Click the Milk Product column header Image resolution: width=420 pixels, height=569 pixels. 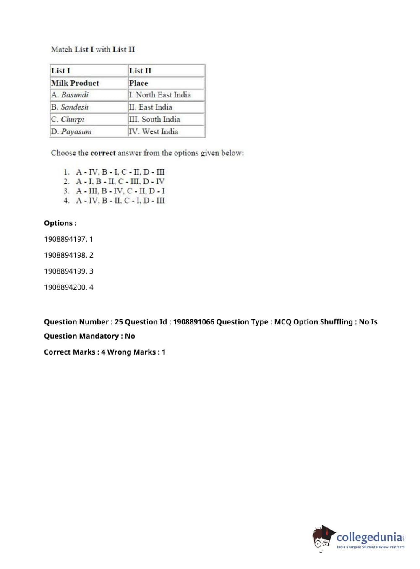[75, 83]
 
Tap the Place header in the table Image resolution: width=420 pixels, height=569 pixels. [138, 83]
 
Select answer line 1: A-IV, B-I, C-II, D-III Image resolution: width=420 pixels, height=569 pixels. [120, 172]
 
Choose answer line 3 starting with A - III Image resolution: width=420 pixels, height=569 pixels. [120, 191]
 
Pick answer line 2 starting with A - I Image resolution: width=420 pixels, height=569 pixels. [120, 181]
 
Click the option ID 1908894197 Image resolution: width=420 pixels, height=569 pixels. [65, 239]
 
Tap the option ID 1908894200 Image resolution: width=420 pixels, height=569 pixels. [65, 287]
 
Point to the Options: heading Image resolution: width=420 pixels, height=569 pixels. [60, 223]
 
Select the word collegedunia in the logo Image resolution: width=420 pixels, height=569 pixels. [369, 537]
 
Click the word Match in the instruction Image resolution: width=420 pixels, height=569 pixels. [61, 50]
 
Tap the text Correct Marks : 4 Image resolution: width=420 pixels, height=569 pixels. [74, 352]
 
